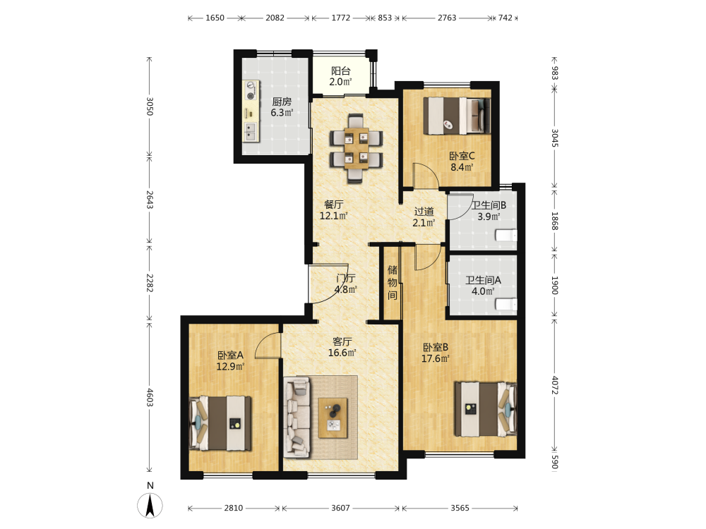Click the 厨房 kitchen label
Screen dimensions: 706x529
coord(282,102)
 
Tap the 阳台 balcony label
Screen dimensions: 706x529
coord(341,71)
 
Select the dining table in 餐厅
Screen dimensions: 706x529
coord(356,148)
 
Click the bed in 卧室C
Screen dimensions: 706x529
coord(457,116)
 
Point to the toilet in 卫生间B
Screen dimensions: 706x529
coord(506,236)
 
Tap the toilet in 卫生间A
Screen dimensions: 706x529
coord(506,305)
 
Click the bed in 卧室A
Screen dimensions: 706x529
coord(220,422)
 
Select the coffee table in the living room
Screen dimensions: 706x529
coord(333,418)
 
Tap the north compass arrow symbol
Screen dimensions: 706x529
coord(150,505)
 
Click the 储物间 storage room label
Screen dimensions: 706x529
coord(393,283)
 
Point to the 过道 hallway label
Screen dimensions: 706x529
coord(424,211)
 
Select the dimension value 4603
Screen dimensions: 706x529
coord(150,397)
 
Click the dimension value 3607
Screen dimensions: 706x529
coord(340,508)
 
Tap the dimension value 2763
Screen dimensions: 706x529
coord(447,18)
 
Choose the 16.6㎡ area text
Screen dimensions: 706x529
coord(342,353)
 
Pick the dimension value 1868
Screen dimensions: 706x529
coord(555,221)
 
